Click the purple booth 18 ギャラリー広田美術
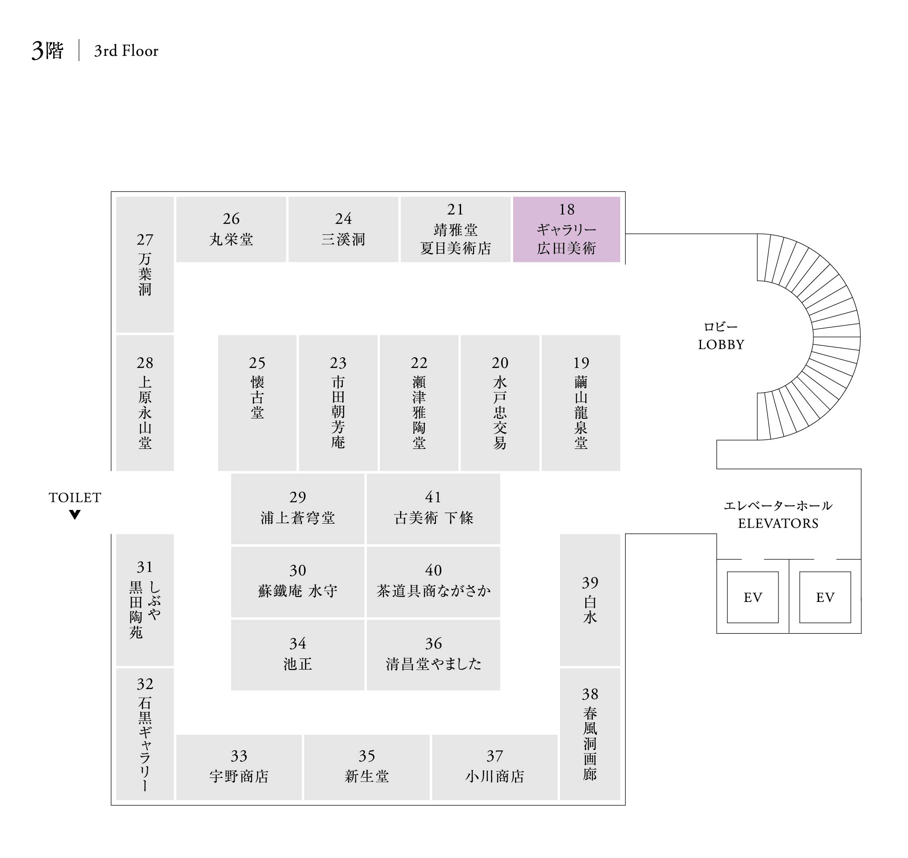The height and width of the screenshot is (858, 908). click(566, 229)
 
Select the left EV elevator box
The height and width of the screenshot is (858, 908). click(752, 598)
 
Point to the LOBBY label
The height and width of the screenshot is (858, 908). click(721, 345)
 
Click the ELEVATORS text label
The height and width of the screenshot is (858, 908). click(778, 523)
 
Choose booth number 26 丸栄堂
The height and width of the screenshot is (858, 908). click(231, 229)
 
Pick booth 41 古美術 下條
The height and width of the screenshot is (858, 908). click(433, 509)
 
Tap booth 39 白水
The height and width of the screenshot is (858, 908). click(590, 600)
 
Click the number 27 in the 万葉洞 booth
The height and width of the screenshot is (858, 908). click(145, 240)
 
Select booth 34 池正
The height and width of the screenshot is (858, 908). click(297, 655)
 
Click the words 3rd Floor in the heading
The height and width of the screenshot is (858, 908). click(126, 51)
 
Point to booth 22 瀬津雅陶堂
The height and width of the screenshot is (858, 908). click(419, 403)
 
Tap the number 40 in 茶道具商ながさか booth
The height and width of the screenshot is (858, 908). click(433, 571)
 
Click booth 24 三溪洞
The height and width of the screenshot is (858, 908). click(343, 229)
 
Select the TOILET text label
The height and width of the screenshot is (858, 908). click(75, 498)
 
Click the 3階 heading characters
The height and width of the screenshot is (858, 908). click(48, 51)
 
